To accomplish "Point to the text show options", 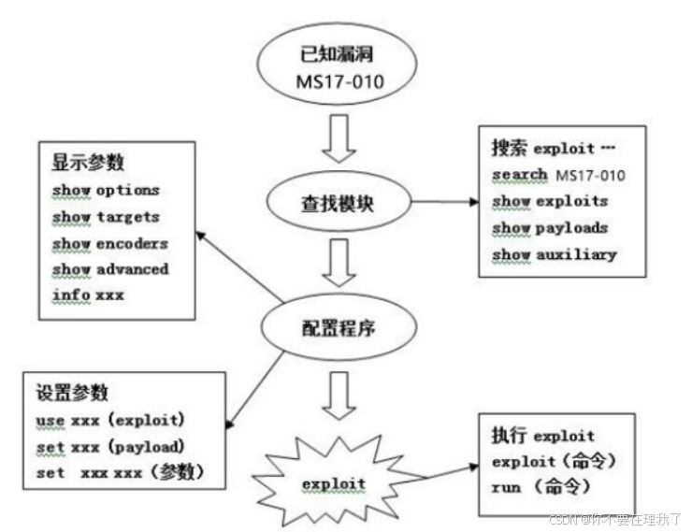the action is [x=106, y=190].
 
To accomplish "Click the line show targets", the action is [x=106, y=216].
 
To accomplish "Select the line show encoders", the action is [x=110, y=242].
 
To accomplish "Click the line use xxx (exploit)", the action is [x=111, y=420].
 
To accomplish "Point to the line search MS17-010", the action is [x=558, y=175].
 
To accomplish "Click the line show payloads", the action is [x=550, y=227].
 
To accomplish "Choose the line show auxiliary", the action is [x=555, y=253].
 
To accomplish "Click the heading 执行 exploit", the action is [x=542, y=435].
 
